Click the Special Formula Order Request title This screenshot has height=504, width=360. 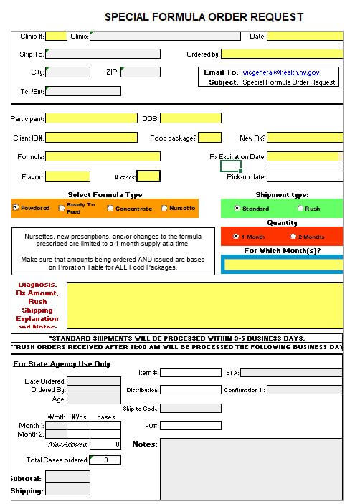(x=204, y=17)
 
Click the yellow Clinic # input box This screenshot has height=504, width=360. (x=57, y=36)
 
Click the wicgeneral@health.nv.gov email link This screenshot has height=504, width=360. (x=281, y=72)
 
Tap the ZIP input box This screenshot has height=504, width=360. (x=141, y=72)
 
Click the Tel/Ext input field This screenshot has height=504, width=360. (x=83, y=91)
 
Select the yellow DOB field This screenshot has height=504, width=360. (x=191, y=118)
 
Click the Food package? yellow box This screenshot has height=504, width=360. (x=209, y=138)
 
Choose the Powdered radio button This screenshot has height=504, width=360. (x=16, y=208)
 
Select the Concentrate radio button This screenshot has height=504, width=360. (x=110, y=209)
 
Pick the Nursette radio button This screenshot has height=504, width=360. (x=164, y=209)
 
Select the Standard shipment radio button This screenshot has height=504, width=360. (x=237, y=209)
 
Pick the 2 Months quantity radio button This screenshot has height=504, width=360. (x=293, y=237)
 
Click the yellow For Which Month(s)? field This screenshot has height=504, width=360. (x=287, y=265)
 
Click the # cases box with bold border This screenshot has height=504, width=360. (x=148, y=176)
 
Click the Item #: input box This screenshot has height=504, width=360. (x=190, y=372)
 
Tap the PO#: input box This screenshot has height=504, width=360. (x=190, y=426)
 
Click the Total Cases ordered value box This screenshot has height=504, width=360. (x=105, y=460)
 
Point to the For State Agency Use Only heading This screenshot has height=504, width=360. (x=62, y=363)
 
